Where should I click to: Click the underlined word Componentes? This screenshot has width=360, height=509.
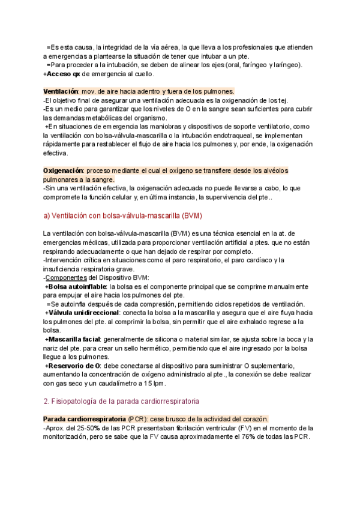coord(67,278)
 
